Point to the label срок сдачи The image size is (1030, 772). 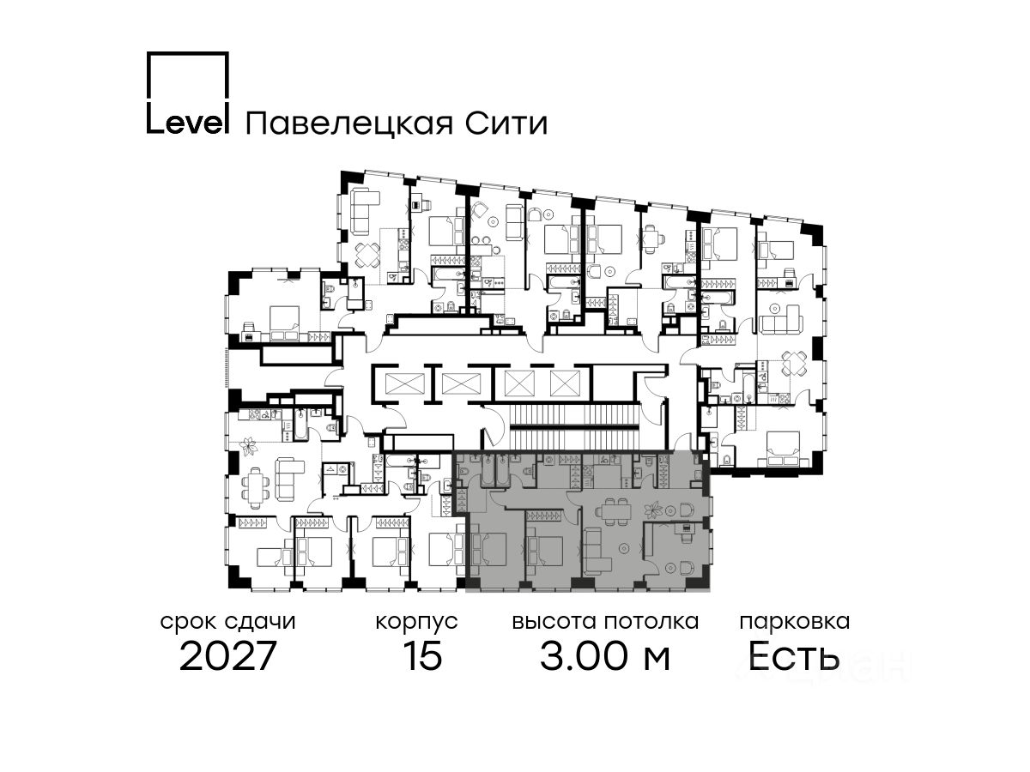coord(228,621)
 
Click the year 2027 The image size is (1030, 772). coord(228,657)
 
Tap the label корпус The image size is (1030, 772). coord(416,621)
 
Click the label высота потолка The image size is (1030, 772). coord(605,621)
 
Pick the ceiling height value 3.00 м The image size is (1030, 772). coord(605,657)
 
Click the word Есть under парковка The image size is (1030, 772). coord(794,657)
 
